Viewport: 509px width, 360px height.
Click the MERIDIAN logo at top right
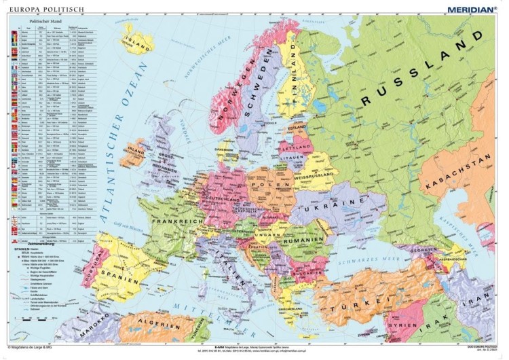coord(470,9)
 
